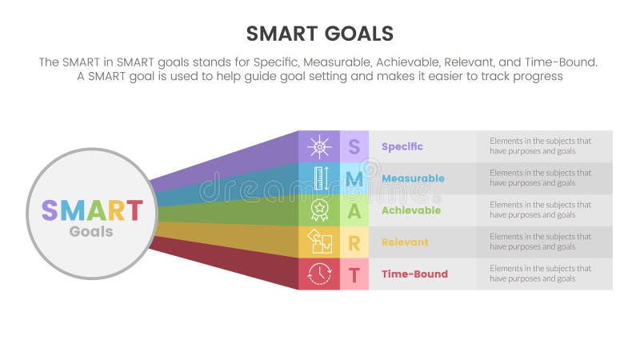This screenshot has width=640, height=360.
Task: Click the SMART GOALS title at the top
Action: pos(319,33)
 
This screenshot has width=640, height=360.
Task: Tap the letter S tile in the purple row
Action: pos(354,146)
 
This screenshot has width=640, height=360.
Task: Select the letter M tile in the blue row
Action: pos(354,178)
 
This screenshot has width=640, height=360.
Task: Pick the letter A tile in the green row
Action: pos(354,210)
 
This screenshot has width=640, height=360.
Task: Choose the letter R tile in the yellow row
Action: pos(354,242)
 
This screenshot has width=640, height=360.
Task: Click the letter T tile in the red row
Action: pos(354,274)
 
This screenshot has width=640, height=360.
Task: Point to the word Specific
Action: pos(402,146)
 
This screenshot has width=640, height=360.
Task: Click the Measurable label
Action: pos(413,178)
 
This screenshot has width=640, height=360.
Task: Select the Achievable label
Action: pos(411,210)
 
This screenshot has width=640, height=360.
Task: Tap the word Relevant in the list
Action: pos(405,242)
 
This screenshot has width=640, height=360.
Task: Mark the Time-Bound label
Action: pos(414,274)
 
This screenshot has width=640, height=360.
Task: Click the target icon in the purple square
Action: pos(319,146)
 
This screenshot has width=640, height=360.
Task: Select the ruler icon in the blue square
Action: pos(319,178)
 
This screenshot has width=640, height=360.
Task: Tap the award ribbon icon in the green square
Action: pos(319,210)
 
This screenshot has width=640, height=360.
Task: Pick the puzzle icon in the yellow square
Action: pos(319,242)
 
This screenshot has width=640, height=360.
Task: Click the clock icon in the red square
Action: pos(319,274)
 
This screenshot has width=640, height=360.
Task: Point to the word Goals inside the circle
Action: pos(91,232)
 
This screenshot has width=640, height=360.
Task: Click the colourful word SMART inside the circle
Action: pos(91,210)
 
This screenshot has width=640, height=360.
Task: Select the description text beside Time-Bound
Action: pos(540,274)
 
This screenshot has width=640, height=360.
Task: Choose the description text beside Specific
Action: pos(540,146)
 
